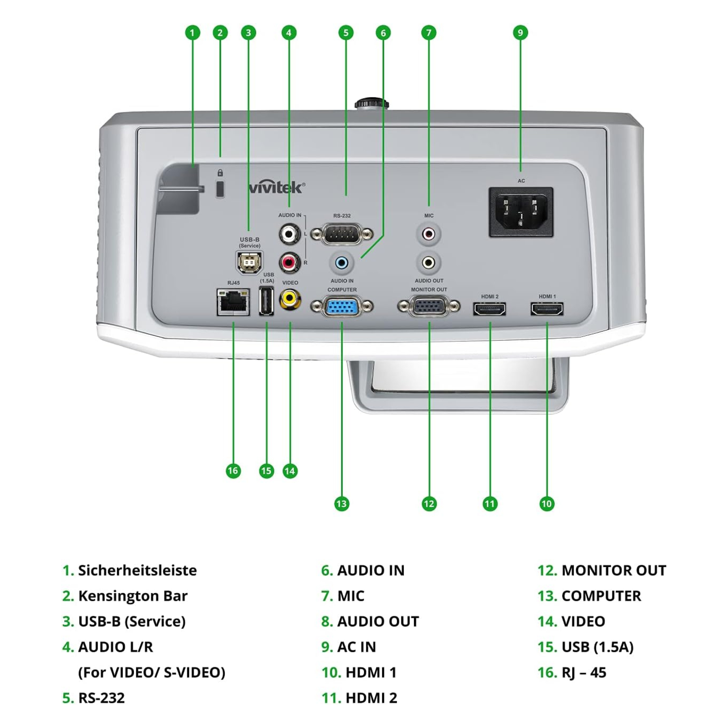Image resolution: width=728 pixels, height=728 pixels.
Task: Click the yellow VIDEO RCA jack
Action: click(x=290, y=298)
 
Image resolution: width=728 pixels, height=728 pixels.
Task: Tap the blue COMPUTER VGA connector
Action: click(x=342, y=307)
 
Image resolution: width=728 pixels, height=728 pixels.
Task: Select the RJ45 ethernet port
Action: click(x=233, y=302)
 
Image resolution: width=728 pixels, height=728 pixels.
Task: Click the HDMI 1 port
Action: click(x=547, y=309)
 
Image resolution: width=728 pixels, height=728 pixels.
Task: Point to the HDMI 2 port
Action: click(x=490, y=309)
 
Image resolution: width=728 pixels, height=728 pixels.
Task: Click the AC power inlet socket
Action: click(x=521, y=212)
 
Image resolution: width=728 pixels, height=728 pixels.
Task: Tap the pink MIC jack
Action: click(x=429, y=234)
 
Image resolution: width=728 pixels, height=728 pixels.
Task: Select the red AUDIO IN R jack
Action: click(x=289, y=263)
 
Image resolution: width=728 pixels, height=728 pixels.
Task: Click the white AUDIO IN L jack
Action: click(x=289, y=234)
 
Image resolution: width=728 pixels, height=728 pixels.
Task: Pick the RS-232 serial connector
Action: click(x=342, y=235)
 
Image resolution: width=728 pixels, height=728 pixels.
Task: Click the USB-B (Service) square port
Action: click(x=249, y=263)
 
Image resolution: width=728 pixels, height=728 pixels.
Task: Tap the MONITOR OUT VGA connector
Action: click(x=429, y=307)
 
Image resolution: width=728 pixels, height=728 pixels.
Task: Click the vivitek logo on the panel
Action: click(x=277, y=187)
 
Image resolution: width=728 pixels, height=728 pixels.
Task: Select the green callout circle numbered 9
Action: click(x=520, y=33)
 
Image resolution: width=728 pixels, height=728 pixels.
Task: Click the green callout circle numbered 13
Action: click(x=342, y=504)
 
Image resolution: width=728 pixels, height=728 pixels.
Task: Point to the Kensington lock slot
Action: click(x=220, y=188)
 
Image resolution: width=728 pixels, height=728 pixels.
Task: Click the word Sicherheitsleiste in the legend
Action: click(x=137, y=570)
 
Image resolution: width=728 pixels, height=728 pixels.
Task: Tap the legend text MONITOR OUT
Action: click(x=613, y=570)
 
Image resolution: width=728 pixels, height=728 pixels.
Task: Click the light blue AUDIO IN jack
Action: click(x=342, y=263)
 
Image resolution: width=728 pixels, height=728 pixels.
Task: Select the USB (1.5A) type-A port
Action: click(x=266, y=301)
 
